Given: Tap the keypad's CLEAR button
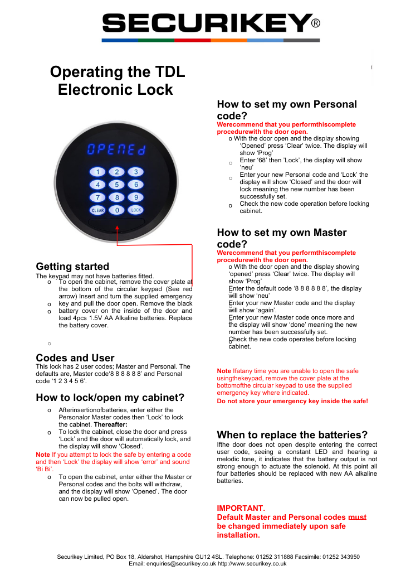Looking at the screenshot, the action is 97,210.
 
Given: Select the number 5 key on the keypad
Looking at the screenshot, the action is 116,185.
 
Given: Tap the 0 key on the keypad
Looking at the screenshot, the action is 116,210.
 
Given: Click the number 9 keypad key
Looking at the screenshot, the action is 135,197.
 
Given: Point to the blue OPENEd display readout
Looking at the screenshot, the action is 116,151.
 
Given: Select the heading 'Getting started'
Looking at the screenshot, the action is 72,267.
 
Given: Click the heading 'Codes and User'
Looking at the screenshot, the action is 75,358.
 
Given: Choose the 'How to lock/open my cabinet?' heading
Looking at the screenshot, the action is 110,398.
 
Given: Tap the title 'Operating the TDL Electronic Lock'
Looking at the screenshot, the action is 117,81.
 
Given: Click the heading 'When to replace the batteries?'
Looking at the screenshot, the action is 292,435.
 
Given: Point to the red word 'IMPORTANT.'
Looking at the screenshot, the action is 241,508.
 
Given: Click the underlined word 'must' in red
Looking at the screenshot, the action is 357,517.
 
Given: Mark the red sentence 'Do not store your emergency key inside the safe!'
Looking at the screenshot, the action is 292,401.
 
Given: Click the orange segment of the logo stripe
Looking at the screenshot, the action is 229,40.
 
